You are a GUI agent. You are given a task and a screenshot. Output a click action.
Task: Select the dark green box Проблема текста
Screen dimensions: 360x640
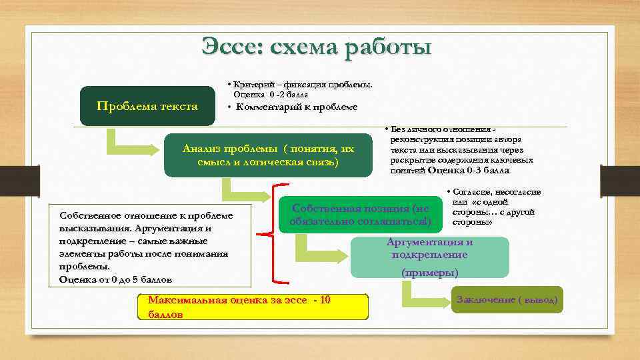click(x=147, y=106)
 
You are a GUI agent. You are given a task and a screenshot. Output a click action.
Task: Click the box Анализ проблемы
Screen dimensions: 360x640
click(x=268, y=155)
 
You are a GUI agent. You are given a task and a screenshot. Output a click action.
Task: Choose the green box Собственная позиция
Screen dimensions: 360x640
click(x=360, y=214)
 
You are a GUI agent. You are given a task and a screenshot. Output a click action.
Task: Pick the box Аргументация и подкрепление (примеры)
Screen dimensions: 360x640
click(x=429, y=257)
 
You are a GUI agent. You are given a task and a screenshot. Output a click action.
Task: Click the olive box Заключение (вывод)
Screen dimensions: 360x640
click(x=507, y=300)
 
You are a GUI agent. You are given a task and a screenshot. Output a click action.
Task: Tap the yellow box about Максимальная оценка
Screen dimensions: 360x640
click(x=251, y=307)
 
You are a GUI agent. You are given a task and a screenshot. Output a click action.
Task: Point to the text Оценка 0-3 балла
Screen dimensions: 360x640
click(x=469, y=171)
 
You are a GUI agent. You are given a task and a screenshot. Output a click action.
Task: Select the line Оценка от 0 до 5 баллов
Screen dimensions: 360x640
click(x=115, y=279)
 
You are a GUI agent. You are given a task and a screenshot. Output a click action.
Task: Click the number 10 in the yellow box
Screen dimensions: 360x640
click(x=324, y=301)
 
